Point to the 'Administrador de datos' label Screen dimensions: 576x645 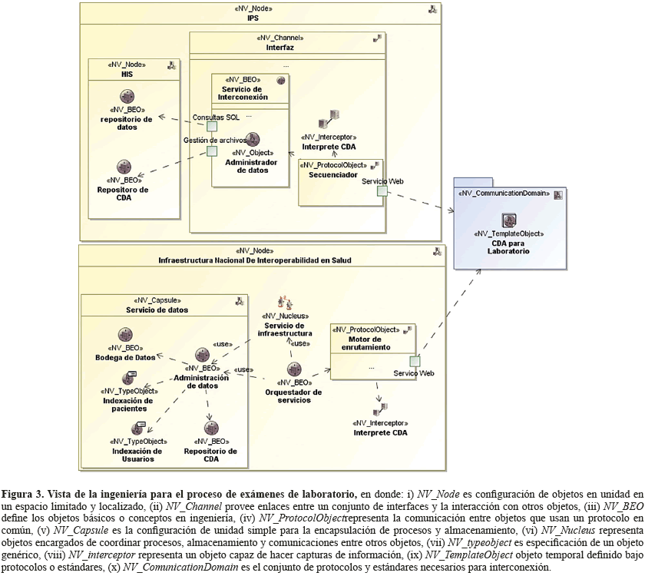tap(252, 166)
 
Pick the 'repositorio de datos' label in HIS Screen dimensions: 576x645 tap(127, 123)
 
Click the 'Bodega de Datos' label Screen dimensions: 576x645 tap(125, 357)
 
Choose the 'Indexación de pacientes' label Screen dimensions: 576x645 tap(127, 405)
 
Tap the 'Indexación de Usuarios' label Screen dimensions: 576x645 tap(137, 455)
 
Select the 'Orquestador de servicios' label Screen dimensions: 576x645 tap(293, 396)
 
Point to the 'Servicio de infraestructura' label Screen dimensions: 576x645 tap(285, 329)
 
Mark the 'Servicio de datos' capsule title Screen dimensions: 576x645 tap(157, 310)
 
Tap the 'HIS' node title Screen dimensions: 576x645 tap(127, 74)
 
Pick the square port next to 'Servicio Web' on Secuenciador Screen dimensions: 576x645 tap(382, 190)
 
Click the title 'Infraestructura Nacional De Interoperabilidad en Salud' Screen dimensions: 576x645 tap(254, 260)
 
